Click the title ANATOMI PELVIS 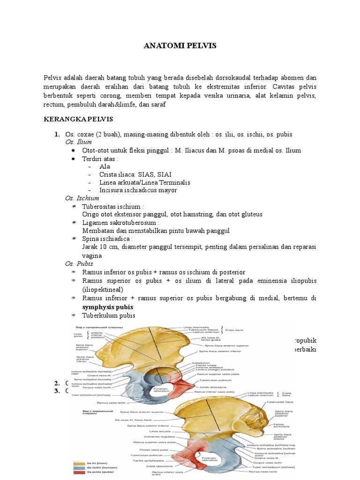(180, 46)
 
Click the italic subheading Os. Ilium (79, 142)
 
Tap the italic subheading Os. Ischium (82, 198)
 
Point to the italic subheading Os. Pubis (79, 264)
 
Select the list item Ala (105, 166)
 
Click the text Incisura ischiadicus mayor (138, 190)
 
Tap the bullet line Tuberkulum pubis (108, 315)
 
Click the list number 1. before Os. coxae (57, 135)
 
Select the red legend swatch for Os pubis (79, 473)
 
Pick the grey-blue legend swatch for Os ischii (79, 467)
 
